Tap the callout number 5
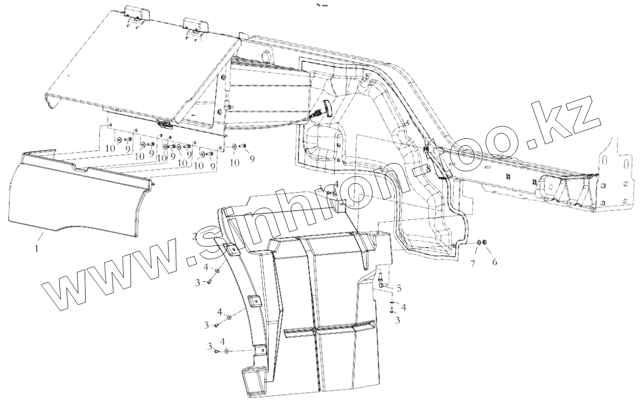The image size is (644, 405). (x=399, y=288)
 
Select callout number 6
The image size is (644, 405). (x=494, y=262)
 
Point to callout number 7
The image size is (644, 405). (x=474, y=262)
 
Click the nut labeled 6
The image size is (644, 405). (x=485, y=243)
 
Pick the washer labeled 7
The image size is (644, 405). (x=478, y=242)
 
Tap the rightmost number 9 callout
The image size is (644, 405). (x=252, y=158)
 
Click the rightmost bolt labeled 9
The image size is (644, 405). (x=243, y=146)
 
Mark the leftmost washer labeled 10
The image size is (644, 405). (x=118, y=138)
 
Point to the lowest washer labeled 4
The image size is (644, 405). (x=226, y=351)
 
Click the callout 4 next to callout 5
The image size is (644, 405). (x=403, y=307)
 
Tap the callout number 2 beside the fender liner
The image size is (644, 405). (x=195, y=236)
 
